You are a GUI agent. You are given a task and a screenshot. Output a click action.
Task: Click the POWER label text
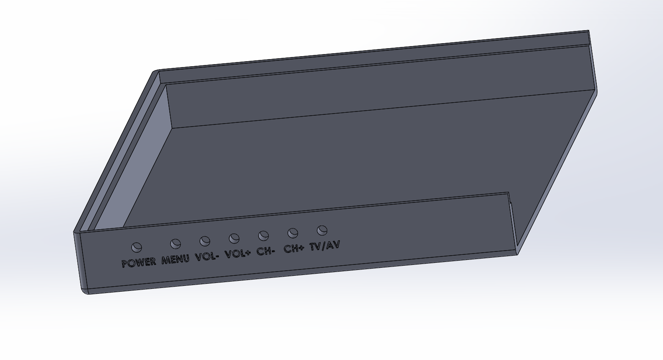(x=139, y=263)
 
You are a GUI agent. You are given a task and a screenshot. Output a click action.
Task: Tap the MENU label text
(x=176, y=259)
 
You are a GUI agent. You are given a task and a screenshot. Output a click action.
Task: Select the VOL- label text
(x=207, y=256)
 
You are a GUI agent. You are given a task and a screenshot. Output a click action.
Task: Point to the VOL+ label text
(x=238, y=254)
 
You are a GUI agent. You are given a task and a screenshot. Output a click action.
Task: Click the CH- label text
(x=266, y=251)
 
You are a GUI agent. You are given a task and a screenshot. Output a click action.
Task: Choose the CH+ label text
(x=294, y=249)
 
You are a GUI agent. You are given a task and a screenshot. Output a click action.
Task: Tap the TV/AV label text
(x=325, y=246)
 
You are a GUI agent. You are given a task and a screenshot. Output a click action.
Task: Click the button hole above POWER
(x=137, y=247)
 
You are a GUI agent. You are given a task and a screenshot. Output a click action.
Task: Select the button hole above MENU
(x=176, y=244)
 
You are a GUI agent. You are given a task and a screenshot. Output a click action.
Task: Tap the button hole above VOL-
(x=205, y=241)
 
